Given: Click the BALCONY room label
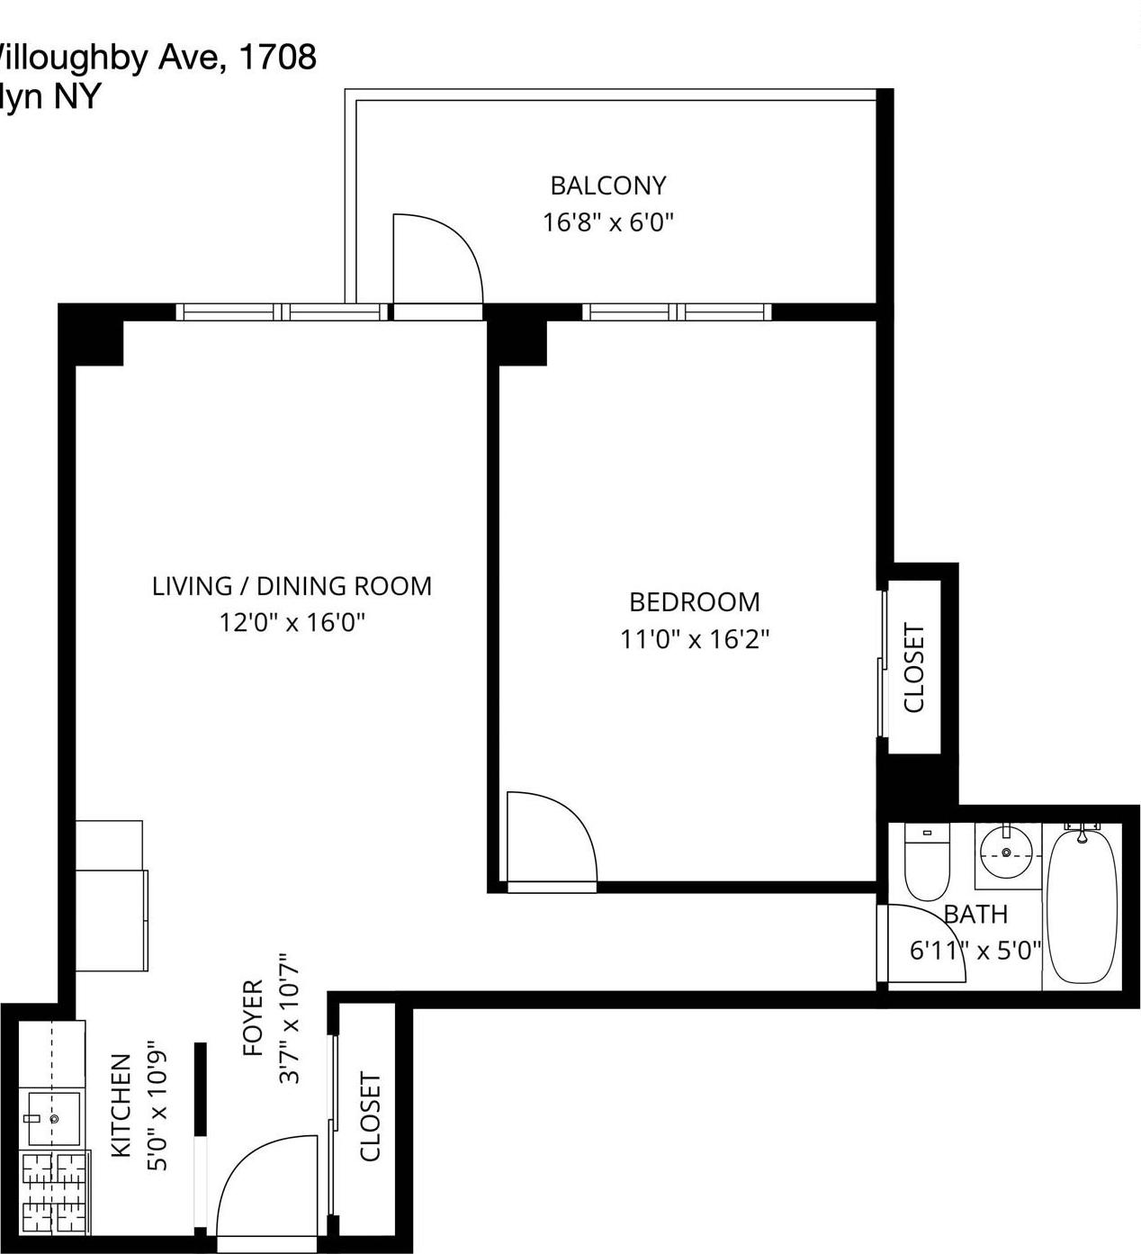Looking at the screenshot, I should point(608,185).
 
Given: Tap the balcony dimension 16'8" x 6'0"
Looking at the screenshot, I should point(608,222).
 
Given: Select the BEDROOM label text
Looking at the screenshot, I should point(695,601).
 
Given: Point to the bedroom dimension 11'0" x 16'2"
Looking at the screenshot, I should point(695,639).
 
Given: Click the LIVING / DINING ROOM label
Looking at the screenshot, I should point(292,586).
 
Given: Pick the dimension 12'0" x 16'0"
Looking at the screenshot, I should point(292,622).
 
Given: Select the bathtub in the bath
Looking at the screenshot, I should point(1083,905).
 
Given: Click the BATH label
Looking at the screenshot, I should point(975,915).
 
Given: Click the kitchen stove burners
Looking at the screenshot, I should point(54,1193).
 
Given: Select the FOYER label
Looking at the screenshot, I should point(253,1018).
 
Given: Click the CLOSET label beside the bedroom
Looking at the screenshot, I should point(914,668).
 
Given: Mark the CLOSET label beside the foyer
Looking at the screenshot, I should point(371,1116).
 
